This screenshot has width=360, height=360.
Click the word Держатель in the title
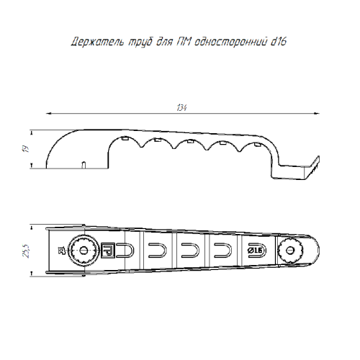(x=98, y=42)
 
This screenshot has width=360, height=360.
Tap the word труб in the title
(x=140, y=42)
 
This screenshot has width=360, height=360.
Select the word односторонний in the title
(x=230, y=42)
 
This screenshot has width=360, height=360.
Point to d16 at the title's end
(x=279, y=41)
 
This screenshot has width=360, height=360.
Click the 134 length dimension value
(x=181, y=108)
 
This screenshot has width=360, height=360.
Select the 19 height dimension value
(x=26, y=149)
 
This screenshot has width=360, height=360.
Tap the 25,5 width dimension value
(x=26, y=251)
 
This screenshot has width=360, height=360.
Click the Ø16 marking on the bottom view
(x=255, y=251)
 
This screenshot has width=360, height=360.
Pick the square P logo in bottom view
(x=108, y=251)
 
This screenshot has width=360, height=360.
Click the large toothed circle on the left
(x=84, y=251)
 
